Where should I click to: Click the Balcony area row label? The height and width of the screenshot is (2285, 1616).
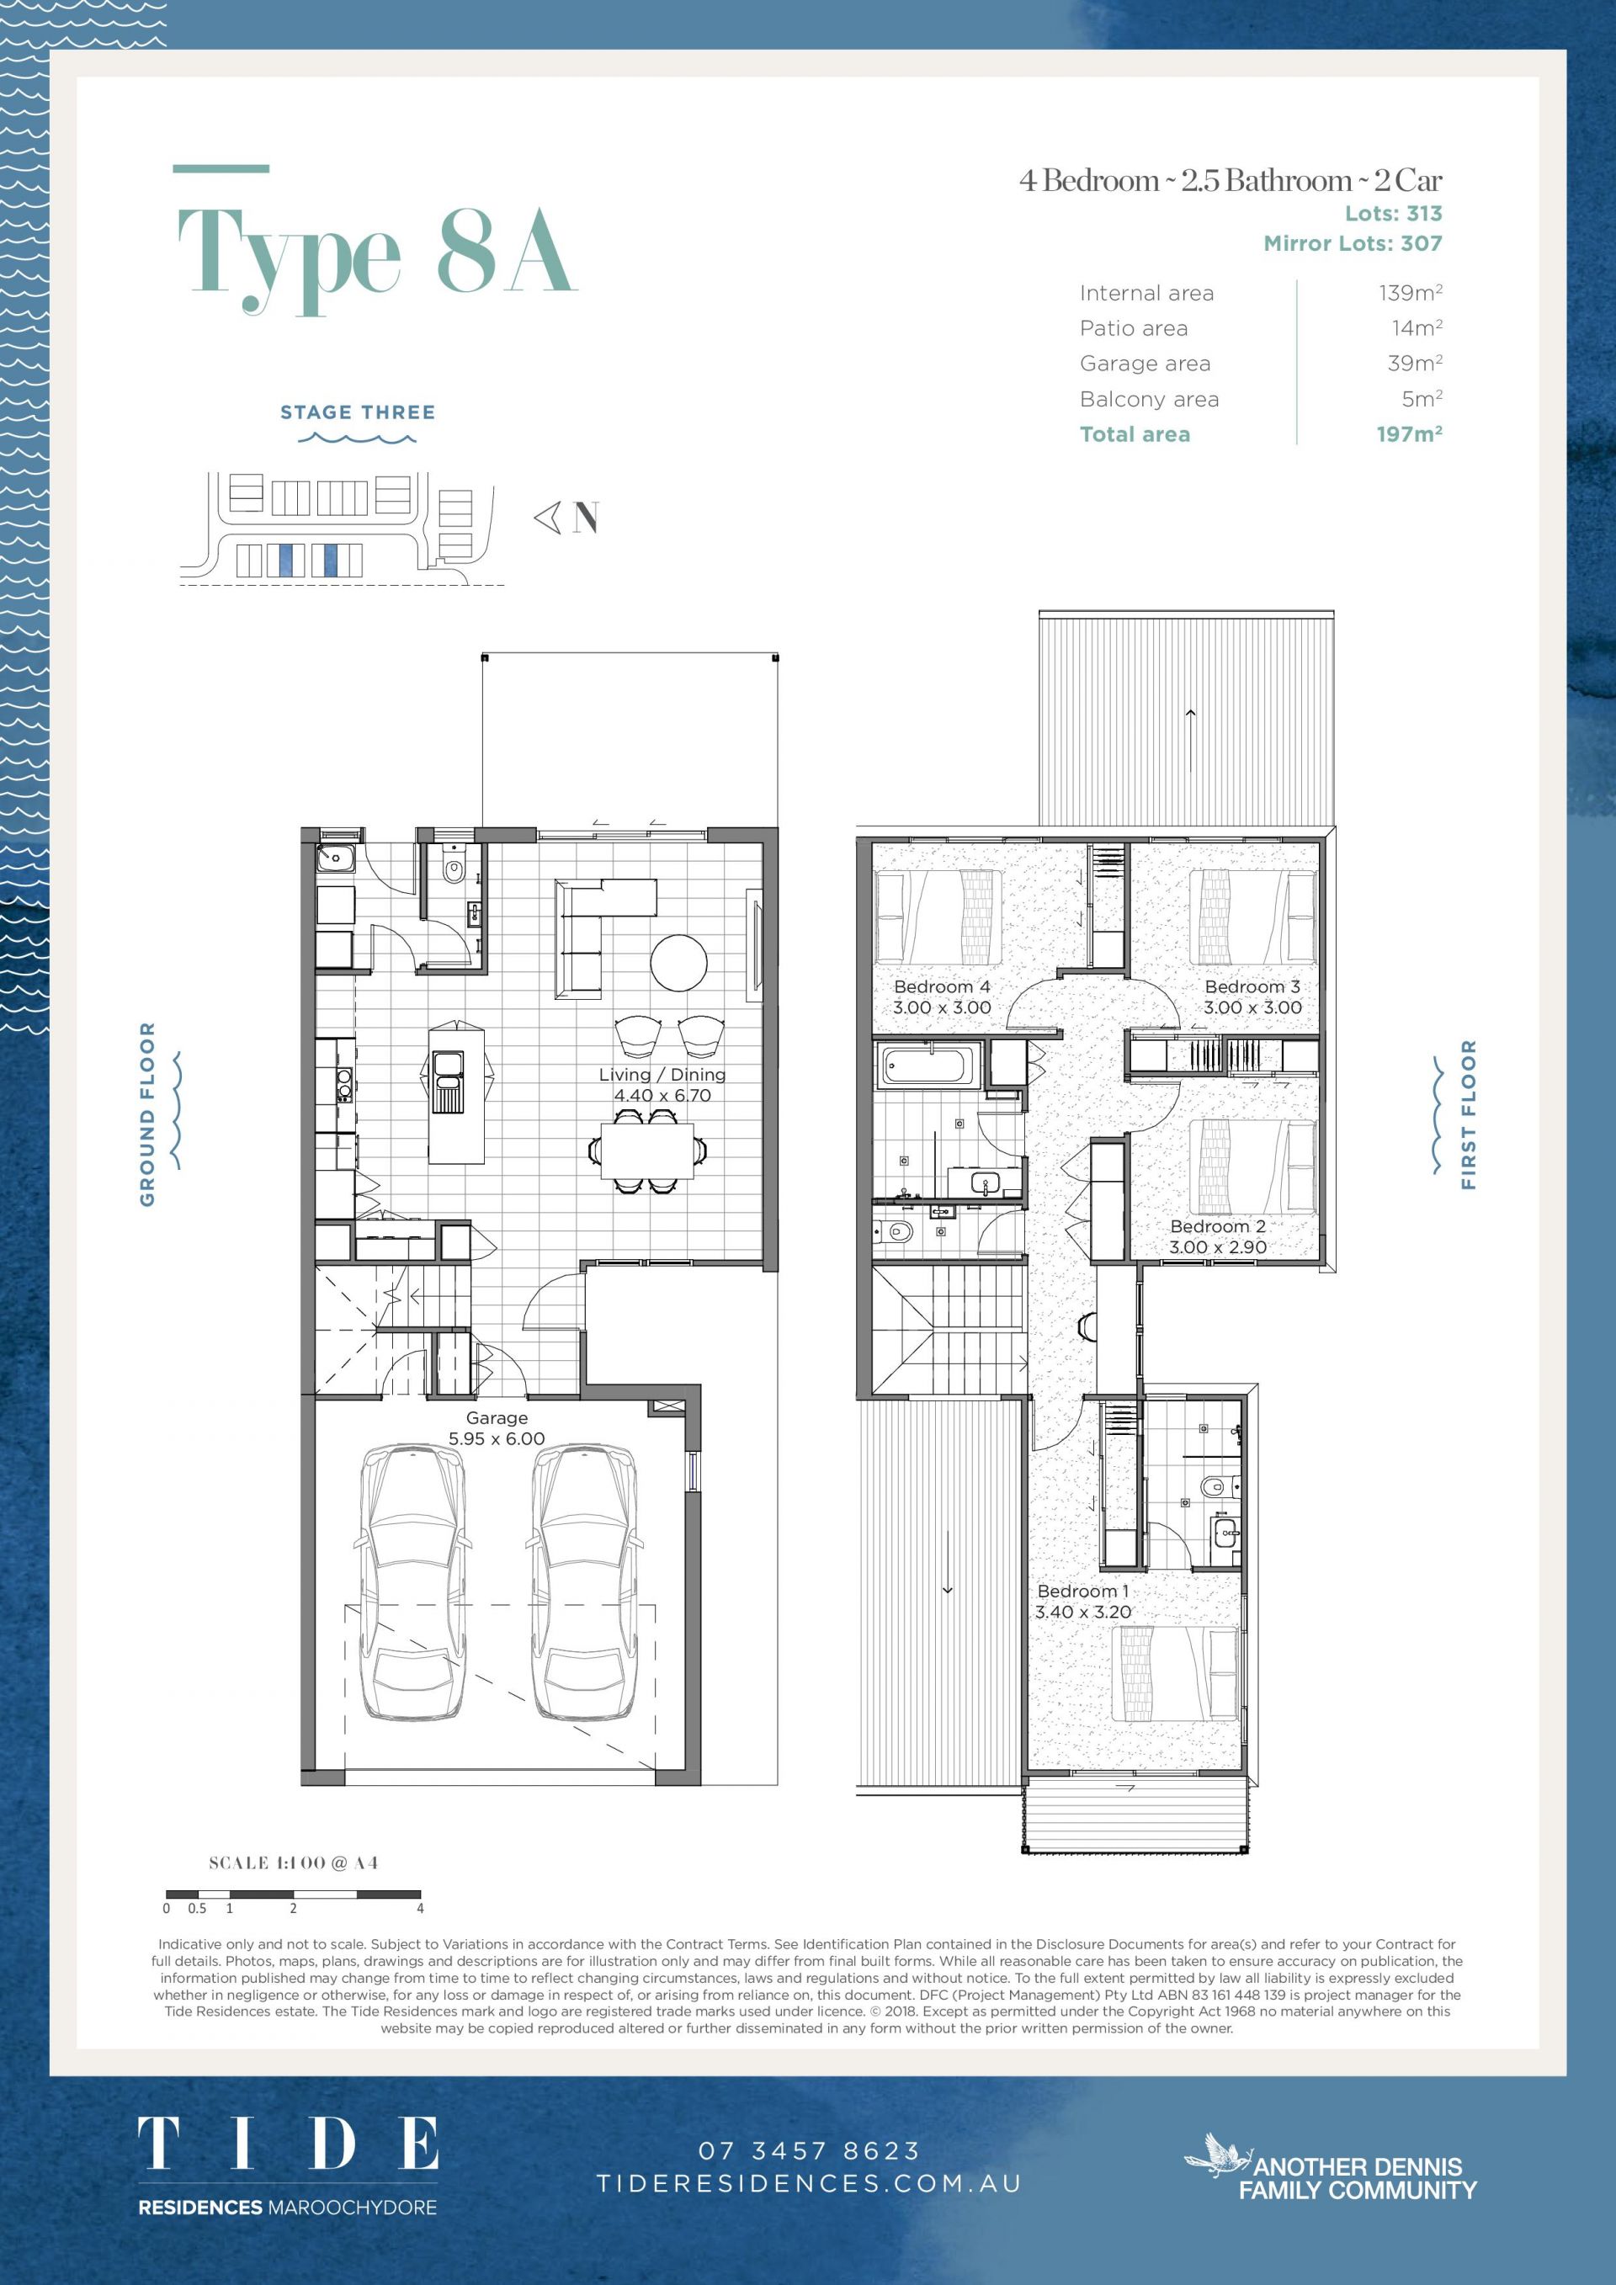[1150, 399]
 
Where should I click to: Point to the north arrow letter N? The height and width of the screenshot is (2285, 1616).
[586, 518]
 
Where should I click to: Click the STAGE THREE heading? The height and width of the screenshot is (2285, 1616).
[357, 412]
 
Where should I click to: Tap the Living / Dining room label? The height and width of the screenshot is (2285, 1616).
[662, 1074]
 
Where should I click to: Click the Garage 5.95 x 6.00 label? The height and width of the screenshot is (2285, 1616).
[497, 1428]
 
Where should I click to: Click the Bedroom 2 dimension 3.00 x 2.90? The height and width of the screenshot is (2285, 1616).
[1217, 1247]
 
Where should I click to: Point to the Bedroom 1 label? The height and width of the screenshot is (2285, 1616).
[1082, 1592]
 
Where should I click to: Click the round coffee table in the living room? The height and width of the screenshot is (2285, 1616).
[679, 962]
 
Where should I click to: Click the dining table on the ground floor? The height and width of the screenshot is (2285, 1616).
[648, 1150]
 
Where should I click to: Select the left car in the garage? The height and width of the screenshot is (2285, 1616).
[411, 1581]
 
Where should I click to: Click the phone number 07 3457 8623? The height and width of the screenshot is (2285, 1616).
[809, 2150]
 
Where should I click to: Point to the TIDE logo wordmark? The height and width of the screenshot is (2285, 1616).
[288, 2143]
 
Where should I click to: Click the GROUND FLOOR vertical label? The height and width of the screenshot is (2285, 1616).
[147, 1113]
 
